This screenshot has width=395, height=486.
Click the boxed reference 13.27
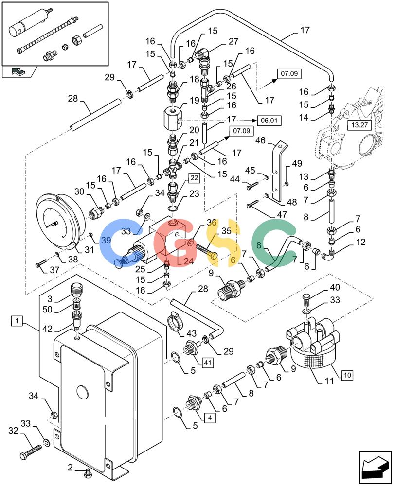[359, 125]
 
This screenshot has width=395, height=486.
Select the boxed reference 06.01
[269, 120]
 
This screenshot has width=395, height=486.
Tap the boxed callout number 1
[17, 320]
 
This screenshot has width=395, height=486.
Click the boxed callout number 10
[347, 375]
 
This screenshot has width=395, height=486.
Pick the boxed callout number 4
[210, 417]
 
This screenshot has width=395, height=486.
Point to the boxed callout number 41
[208, 362]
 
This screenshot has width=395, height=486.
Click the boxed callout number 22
[194, 178]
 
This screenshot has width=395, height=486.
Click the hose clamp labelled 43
[175, 324]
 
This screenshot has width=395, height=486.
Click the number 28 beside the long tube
[73, 99]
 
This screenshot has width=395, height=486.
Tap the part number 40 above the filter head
[335, 287]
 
